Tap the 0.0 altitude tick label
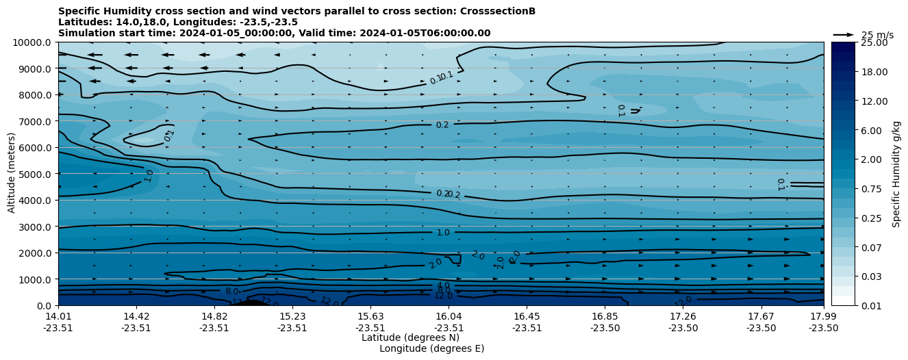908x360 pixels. point(44,305)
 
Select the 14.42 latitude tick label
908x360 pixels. point(136,316)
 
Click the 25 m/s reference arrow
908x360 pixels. point(844,35)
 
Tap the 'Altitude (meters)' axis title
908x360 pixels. point(12,174)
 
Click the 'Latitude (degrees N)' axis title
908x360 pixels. point(410,337)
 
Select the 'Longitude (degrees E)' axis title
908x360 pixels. point(431,348)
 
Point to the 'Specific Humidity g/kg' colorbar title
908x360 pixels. point(896,174)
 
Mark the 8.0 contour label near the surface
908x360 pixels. point(232,292)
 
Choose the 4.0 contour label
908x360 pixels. point(443,285)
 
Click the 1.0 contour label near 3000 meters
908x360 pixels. point(443,233)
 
